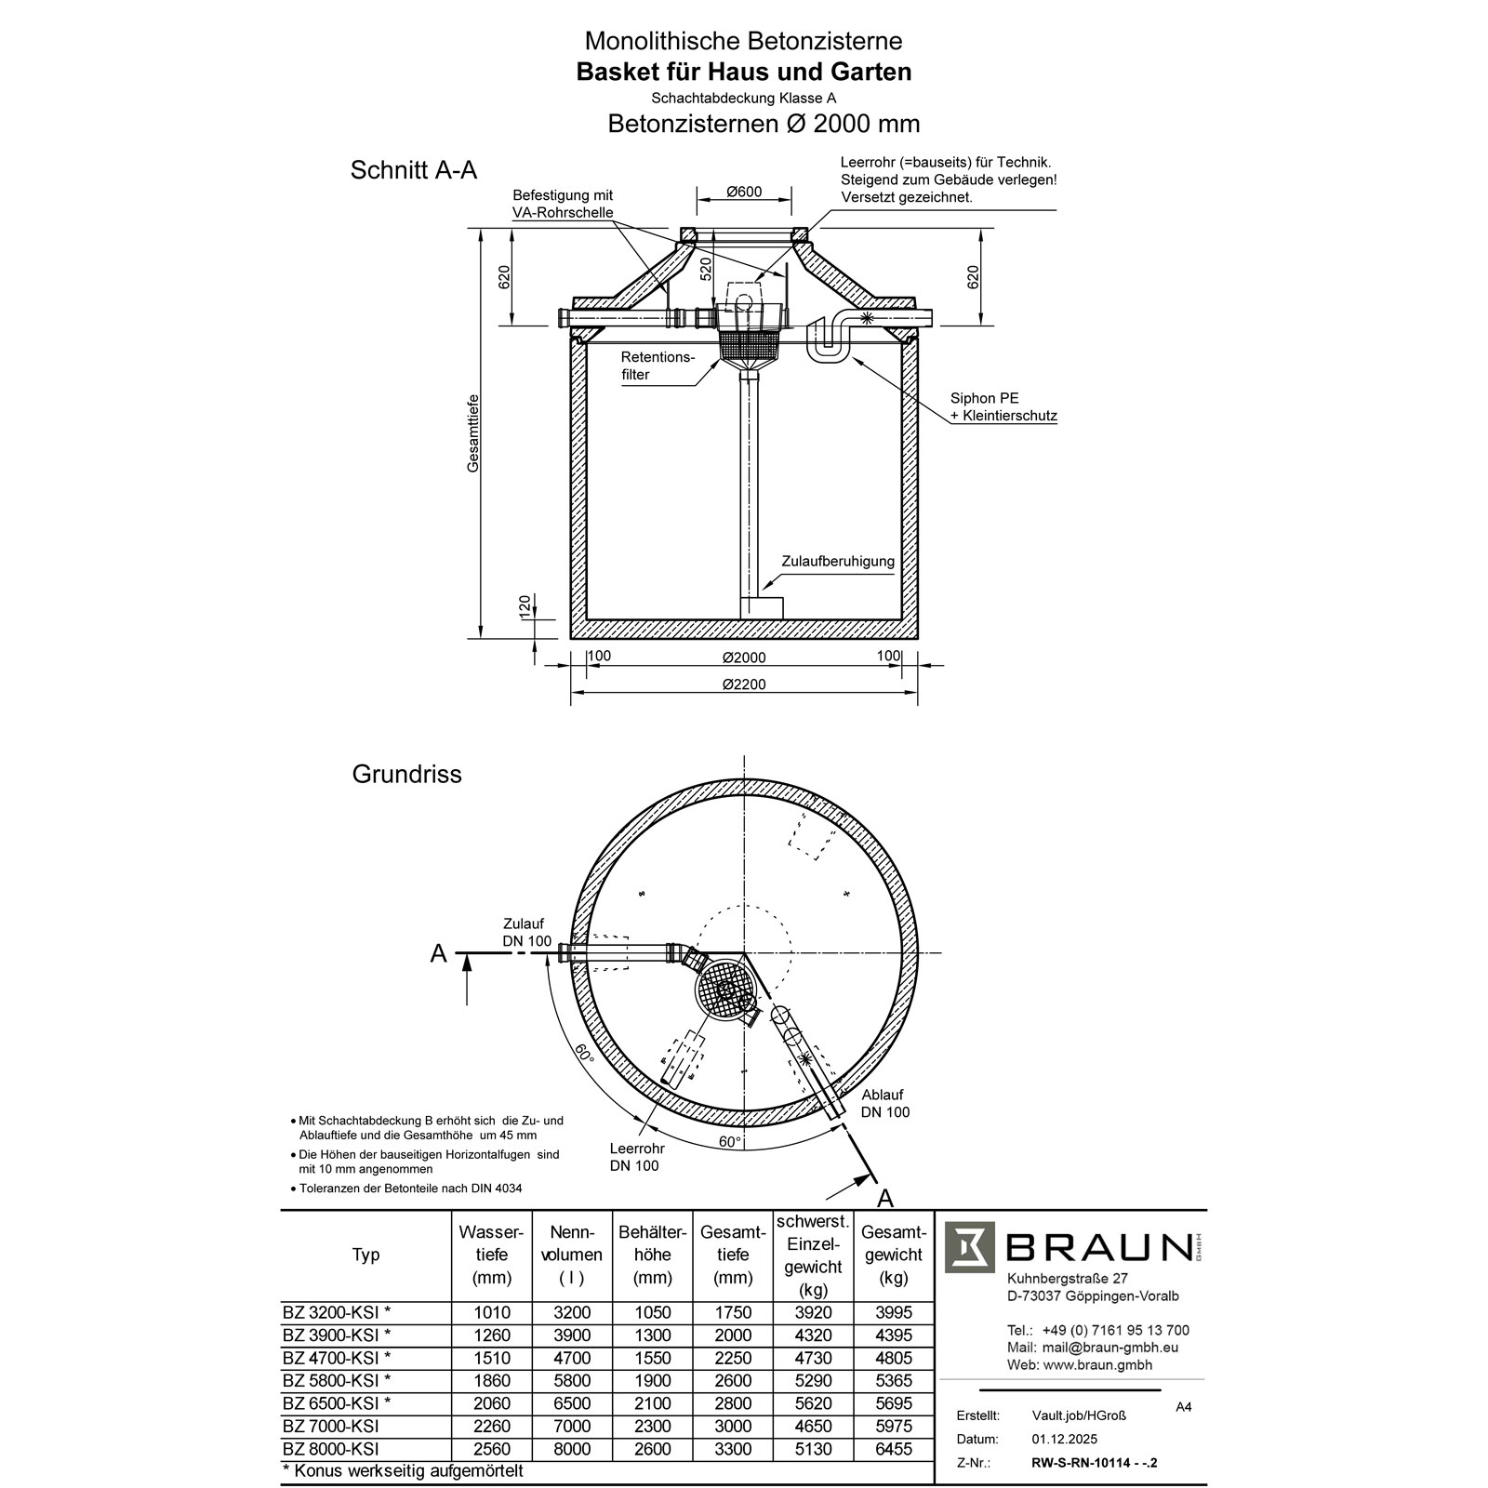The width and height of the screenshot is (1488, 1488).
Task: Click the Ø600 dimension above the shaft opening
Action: (x=744, y=193)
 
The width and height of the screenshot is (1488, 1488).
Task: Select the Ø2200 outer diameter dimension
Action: (x=744, y=684)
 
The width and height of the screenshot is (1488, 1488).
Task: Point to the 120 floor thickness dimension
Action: (x=525, y=606)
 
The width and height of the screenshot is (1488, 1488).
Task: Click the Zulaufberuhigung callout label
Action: (x=837, y=562)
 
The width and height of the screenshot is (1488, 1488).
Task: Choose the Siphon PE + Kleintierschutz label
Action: (x=1003, y=407)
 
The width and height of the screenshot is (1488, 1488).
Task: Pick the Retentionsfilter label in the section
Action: (x=658, y=365)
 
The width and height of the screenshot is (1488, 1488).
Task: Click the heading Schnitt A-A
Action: (x=413, y=170)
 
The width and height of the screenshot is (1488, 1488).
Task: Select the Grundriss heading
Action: (x=406, y=774)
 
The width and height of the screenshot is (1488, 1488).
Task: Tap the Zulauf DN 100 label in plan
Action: (x=526, y=932)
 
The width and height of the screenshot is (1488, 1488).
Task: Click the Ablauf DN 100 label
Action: (x=884, y=1103)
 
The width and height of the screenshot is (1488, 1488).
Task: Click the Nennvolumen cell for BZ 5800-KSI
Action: (x=571, y=1380)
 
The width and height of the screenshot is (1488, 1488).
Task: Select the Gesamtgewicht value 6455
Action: (x=893, y=1449)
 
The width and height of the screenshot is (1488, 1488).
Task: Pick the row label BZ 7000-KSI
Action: (x=330, y=1426)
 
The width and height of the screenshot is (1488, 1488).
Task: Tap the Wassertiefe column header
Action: (x=491, y=1255)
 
